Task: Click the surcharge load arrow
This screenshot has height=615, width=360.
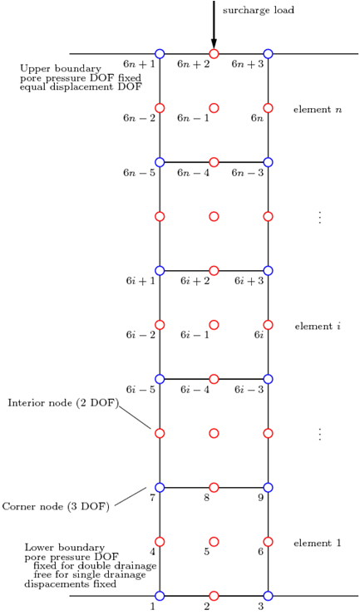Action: point(214,24)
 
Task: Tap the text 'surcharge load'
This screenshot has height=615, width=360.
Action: point(259,10)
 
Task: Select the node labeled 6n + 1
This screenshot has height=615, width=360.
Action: point(160,54)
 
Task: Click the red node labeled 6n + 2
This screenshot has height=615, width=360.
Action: point(214,54)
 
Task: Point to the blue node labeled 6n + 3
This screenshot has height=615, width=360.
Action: point(269,54)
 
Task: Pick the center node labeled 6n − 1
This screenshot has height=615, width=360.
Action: point(214,108)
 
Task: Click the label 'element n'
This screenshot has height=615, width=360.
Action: point(318,110)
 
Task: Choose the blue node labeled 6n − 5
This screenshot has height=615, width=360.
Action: point(160,162)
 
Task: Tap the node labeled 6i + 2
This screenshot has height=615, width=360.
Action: point(214,271)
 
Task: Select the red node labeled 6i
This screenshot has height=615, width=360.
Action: point(269,325)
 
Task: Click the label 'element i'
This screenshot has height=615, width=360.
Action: point(318,327)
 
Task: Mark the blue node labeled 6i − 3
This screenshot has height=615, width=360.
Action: point(269,379)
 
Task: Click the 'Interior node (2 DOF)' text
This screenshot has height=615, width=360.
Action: point(63,404)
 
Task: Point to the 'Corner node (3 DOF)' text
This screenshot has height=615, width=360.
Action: point(56,507)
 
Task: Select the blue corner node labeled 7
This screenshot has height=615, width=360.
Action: point(160,488)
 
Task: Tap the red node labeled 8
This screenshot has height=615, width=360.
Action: point(214,488)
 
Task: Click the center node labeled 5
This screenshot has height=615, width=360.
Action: point(214,542)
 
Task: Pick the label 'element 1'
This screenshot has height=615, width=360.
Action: point(318,544)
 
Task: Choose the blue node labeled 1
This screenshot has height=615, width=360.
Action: point(160,596)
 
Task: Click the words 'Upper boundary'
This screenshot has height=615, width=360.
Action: point(61,69)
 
